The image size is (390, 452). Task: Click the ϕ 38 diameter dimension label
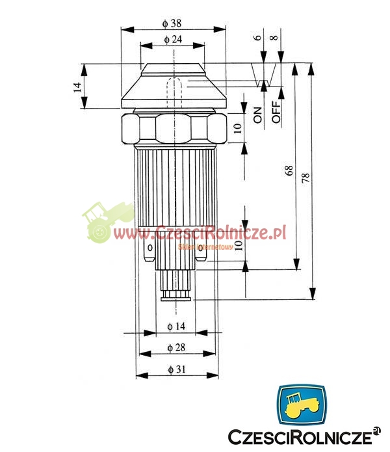(172, 23)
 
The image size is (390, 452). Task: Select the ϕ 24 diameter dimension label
(173, 39)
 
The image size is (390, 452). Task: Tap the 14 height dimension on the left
(77, 87)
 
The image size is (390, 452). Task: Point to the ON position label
(258, 115)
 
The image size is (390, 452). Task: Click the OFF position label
(276, 112)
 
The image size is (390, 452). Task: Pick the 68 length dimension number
(289, 170)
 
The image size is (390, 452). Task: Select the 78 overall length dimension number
(305, 178)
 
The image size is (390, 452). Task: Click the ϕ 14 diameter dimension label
(176, 326)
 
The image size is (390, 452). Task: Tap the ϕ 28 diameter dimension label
(176, 348)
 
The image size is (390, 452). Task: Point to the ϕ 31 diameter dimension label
(177, 369)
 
